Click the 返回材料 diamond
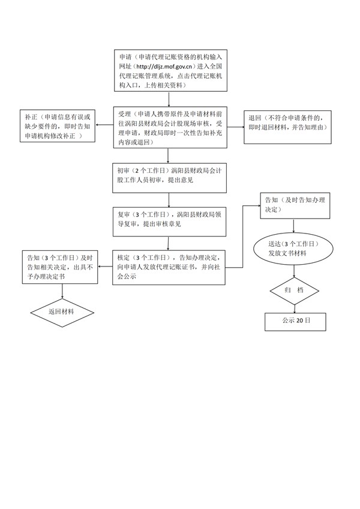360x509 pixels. click(x=62, y=312)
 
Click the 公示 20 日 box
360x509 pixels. click(x=296, y=321)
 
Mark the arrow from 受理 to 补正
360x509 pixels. click(x=105, y=126)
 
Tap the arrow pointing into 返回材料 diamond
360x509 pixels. click(x=62, y=291)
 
